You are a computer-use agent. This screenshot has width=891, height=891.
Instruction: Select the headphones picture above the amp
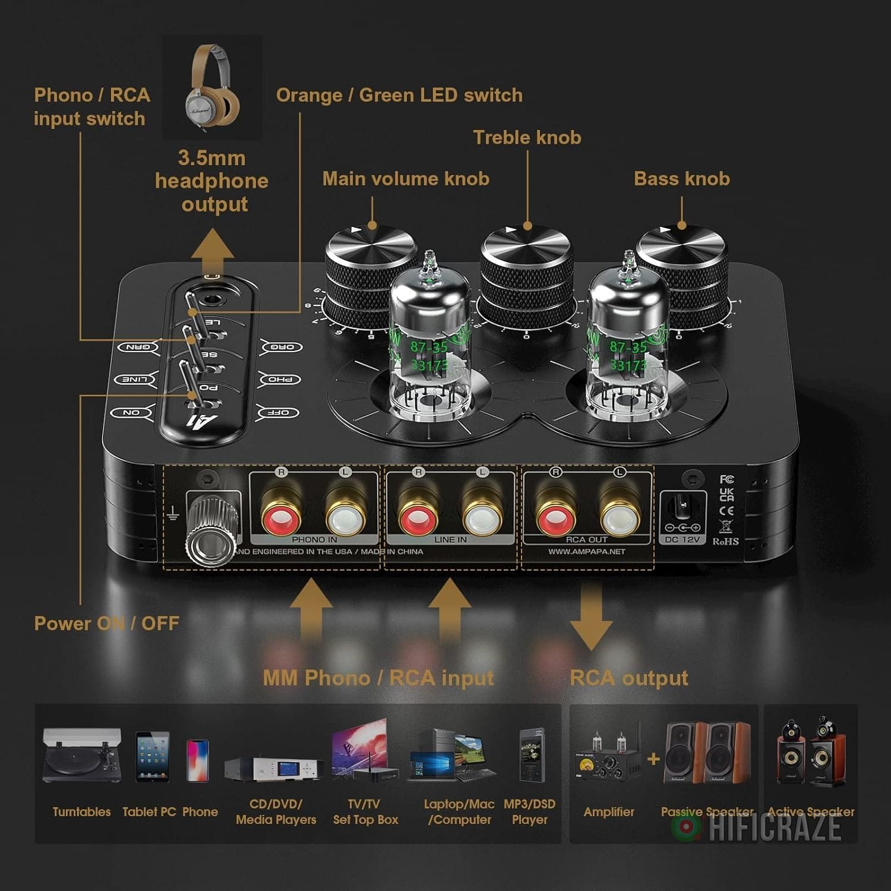click(x=212, y=88)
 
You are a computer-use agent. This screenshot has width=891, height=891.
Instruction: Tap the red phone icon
click(x=198, y=760)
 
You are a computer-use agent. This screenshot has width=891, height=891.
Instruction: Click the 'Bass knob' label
click(x=682, y=179)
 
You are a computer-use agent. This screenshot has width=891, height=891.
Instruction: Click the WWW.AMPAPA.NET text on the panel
click(x=586, y=551)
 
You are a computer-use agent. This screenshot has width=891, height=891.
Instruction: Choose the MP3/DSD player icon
click(x=530, y=754)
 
